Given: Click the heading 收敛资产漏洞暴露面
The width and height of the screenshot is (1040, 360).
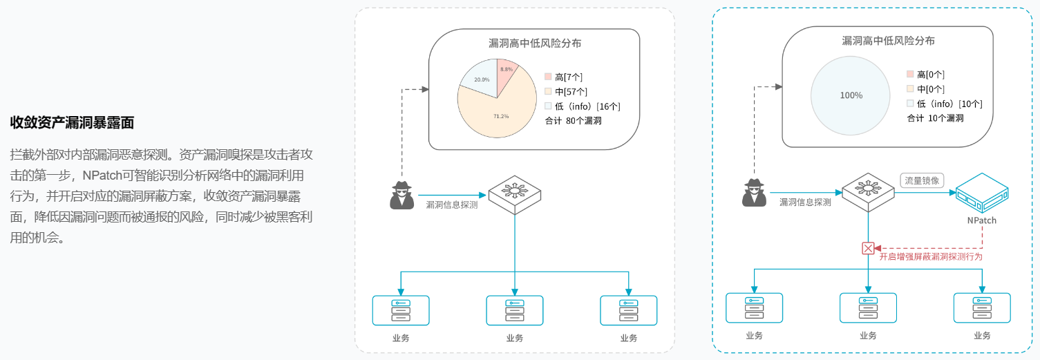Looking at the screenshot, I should point(72,123).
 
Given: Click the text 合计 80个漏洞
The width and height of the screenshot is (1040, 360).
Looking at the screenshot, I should point(574,121).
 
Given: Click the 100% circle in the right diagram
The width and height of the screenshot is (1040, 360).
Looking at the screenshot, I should point(851,95).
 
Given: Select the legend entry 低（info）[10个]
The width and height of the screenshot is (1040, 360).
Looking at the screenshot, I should point(945,104).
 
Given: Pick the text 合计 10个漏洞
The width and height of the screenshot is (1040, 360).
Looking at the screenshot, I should point(936,118).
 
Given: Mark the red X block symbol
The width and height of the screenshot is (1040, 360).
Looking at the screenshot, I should point(869,248).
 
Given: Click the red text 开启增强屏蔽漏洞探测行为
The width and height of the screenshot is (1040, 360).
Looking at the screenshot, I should point(930,256).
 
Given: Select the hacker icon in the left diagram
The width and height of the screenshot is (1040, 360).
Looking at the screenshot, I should point(401,195).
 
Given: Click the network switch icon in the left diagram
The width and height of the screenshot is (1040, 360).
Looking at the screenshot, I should point(516,193).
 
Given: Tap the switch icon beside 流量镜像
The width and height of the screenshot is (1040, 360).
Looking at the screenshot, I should point(869,190).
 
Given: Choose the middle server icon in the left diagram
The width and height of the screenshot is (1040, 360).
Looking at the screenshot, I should point(515,310).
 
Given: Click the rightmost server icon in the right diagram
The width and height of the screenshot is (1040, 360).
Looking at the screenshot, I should point(982,307).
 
